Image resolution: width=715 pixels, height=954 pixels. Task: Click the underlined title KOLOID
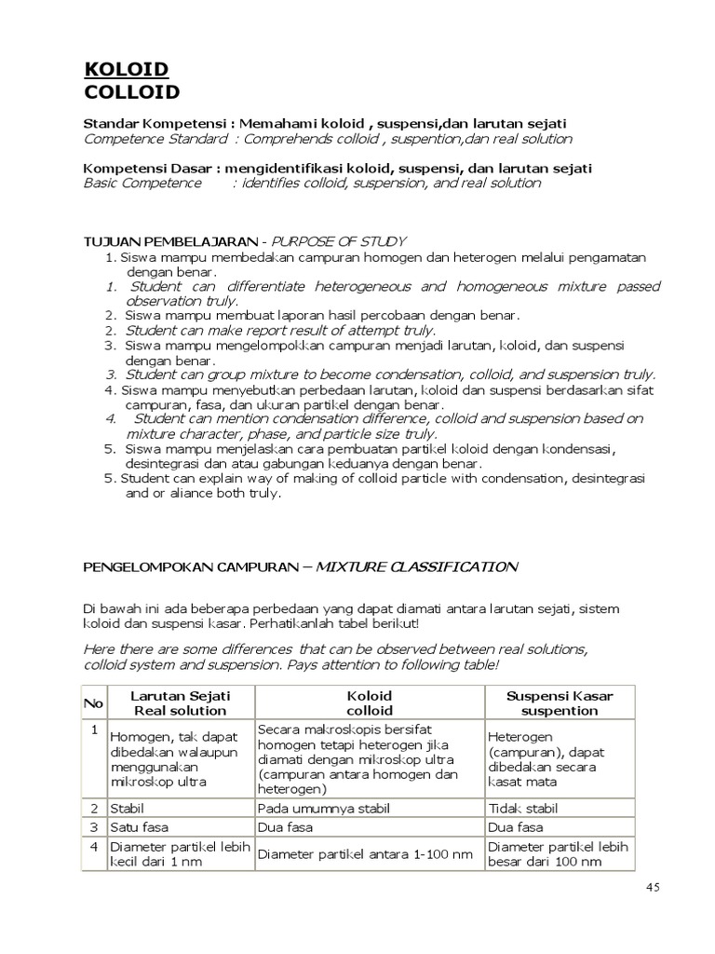coord(127,70)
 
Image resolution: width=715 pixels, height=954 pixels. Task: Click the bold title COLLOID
coord(132,92)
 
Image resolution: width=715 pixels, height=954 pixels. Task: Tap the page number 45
coord(653,888)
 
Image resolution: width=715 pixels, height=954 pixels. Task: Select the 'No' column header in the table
coord(94,703)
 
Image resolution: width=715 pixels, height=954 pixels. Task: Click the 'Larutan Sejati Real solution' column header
coord(180,703)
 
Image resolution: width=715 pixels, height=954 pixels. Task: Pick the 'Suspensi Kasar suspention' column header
coord(559,703)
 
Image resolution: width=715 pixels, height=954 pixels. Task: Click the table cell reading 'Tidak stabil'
coord(523,809)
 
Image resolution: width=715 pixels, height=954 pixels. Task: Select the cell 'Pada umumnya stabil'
coord(322,809)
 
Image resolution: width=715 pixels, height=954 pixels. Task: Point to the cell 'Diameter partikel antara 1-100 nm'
coord(365,854)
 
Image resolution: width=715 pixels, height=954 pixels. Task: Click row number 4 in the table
coord(94,847)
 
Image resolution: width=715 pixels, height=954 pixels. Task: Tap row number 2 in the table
coord(94,809)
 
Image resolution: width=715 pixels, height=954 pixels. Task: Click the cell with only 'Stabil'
coord(128,809)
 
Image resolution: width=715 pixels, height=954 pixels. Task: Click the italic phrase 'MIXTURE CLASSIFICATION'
coord(416,566)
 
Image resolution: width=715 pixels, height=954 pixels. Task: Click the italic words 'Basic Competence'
coord(142,183)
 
